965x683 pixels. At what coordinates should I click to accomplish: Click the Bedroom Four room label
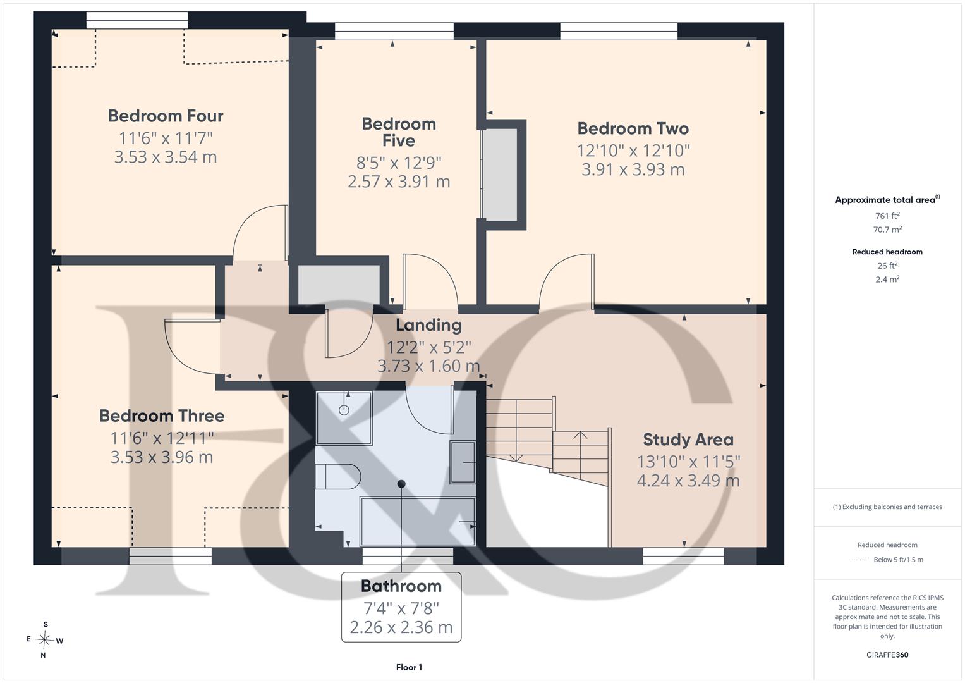point(166,116)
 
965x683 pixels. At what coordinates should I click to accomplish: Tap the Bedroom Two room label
point(633,128)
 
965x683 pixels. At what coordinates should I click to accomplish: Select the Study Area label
point(688,440)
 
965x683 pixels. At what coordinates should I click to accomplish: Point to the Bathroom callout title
point(401,586)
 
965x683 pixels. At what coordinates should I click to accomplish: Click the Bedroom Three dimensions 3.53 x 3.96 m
point(162,457)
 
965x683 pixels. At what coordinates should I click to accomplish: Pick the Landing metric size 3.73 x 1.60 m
point(428,366)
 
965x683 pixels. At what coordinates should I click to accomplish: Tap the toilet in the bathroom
point(337,476)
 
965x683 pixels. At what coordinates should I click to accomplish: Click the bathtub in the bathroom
point(418,521)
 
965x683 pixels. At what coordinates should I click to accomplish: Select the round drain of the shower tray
point(344,410)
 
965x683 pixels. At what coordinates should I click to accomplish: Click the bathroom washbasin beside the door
point(463,462)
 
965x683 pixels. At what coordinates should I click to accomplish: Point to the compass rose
point(44,640)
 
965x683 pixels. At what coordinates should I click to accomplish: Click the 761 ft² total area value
point(887,216)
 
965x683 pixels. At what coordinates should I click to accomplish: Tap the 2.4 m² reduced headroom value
point(887,280)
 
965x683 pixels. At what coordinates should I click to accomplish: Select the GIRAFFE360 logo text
point(887,655)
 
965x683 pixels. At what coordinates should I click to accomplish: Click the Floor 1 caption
point(409,667)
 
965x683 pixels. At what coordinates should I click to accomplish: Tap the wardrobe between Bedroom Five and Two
point(499,174)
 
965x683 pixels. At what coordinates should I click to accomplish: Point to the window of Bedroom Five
point(394,31)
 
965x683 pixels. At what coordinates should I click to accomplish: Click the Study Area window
point(683,557)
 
